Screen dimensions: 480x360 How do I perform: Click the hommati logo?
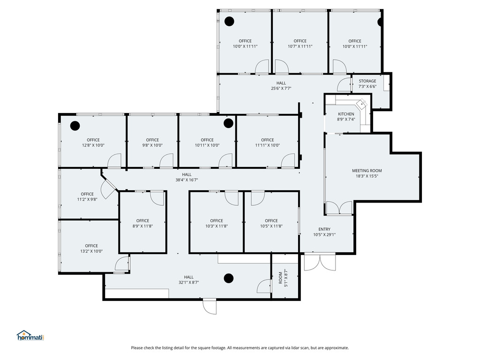coord(30,336)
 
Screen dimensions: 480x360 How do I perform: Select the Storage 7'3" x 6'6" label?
coord(367,83)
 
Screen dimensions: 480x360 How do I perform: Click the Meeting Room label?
coord(367,173)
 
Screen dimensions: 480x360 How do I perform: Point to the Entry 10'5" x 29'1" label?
coord(324,232)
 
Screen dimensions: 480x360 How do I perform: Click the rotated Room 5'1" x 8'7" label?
coord(283,278)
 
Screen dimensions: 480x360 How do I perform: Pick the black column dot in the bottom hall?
coord(229,278)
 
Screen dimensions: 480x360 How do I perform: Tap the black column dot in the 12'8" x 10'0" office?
coord(75,126)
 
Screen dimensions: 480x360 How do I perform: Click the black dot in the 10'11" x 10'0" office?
coord(228,123)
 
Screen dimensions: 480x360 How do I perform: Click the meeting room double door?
coord(339,208)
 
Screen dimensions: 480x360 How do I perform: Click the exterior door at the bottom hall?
coord(210,307)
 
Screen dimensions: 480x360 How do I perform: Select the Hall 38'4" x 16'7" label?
coord(187,177)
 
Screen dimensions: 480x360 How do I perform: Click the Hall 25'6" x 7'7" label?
coord(281,86)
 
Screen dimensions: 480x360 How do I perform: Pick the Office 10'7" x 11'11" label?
coord(300,44)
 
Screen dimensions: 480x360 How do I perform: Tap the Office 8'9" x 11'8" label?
coord(142,224)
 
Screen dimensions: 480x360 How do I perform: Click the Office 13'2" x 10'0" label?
coord(91,248)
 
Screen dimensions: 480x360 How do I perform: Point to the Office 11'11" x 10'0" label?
coord(268,142)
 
